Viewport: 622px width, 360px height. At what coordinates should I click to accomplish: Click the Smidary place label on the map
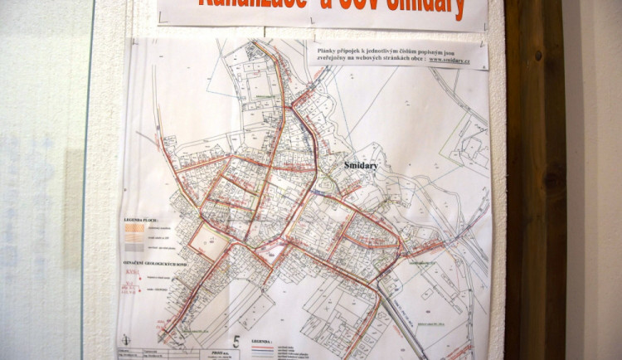click(x=361, y=166)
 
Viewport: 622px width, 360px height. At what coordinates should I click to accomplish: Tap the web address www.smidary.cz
click(x=454, y=60)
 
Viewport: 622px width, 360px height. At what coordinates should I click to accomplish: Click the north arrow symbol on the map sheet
click(x=125, y=339)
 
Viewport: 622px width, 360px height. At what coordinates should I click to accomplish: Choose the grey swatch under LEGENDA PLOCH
click(x=133, y=247)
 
